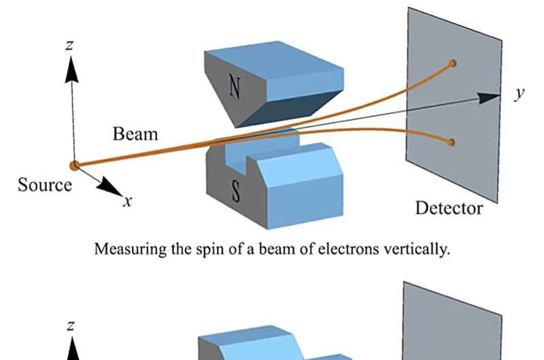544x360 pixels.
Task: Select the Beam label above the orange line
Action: [x=135, y=133]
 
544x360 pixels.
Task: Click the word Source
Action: [x=44, y=184]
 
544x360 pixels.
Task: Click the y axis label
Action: [x=520, y=94]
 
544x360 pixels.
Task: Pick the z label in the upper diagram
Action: [x=70, y=45]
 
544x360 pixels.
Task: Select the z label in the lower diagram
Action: [x=71, y=327]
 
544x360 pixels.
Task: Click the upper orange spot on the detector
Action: [x=452, y=63]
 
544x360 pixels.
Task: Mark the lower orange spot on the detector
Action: [x=451, y=142]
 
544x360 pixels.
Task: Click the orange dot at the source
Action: [x=74, y=165]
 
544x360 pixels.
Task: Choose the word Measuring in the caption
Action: [x=124, y=249]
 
